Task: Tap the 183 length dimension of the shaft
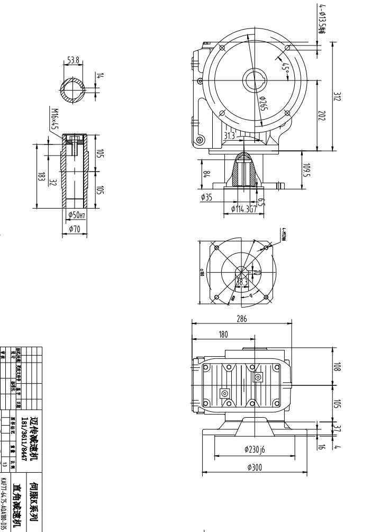click(40, 177)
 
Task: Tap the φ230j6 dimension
click(255, 449)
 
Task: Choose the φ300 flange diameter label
click(255, 467)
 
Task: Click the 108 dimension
click(337, 367)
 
